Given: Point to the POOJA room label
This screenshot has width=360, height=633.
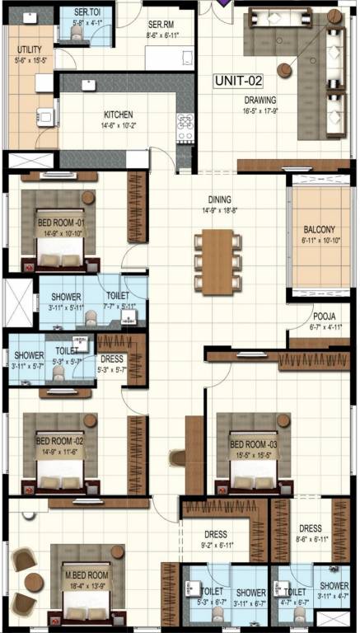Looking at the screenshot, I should [x=323, y=316].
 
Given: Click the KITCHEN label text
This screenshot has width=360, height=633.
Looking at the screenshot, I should [x=119, y=115].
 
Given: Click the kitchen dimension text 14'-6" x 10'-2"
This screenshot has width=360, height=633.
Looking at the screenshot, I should [x=119, y=126].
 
